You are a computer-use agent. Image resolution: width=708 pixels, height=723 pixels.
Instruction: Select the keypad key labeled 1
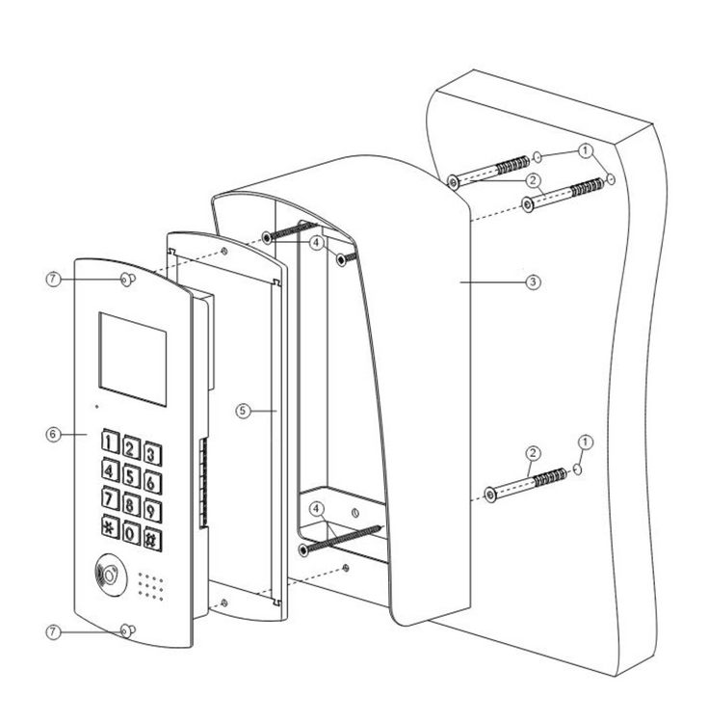click(x=113, y=443)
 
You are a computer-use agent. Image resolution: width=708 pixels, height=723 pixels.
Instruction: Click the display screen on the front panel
click(x=133, y=352)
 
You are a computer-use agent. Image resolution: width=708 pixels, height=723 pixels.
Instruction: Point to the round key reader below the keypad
click(x=107, y=576)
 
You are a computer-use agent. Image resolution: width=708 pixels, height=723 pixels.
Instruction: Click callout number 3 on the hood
click(x=534, y=282)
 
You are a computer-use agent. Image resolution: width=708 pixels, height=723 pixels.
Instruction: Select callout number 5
click(x=243, y=411)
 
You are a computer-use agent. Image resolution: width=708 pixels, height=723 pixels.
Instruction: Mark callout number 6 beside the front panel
click(x=53, y=435)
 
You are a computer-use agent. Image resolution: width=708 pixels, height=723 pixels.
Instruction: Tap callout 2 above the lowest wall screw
click(x=531, y=451)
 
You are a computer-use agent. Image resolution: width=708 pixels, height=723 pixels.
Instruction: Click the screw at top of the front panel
click(x=126, y=281)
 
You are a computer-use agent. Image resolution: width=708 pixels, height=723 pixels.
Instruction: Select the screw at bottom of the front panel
click(x=125, y=631)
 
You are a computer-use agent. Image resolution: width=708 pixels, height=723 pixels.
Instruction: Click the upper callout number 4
click(x=317, y=245)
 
